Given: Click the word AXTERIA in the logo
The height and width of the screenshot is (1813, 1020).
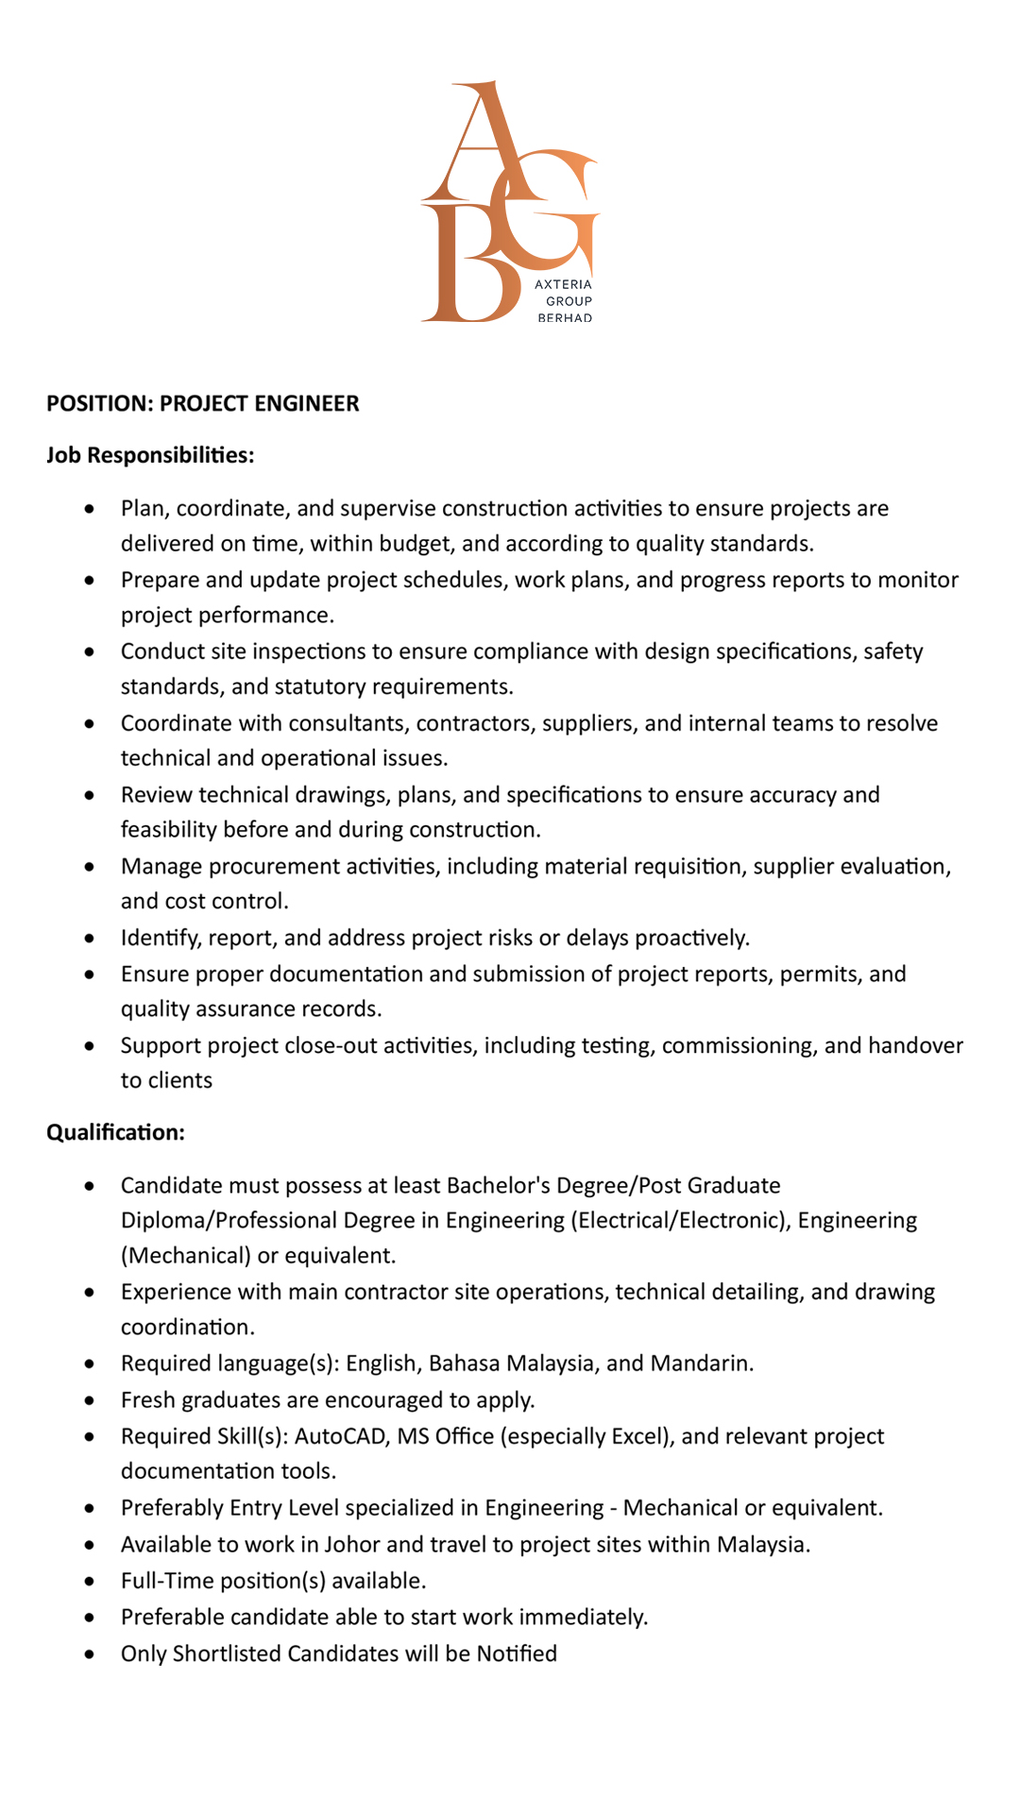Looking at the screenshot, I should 563,284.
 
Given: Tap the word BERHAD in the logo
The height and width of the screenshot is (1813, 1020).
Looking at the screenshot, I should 565,318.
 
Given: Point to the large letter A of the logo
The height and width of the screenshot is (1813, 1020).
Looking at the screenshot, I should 483,142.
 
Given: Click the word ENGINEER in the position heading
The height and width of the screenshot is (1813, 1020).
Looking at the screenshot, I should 306,403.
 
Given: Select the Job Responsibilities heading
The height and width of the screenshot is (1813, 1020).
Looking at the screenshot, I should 150,455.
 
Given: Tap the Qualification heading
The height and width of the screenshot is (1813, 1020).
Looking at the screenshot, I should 115,1132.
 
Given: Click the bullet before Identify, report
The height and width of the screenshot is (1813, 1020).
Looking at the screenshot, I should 89,939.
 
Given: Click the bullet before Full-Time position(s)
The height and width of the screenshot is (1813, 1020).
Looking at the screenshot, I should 89,1582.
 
